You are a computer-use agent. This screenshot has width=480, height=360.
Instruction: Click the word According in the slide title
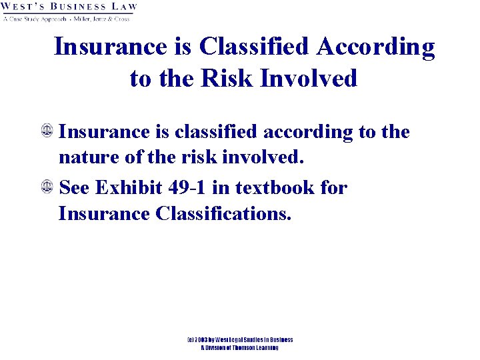tap(375, 47)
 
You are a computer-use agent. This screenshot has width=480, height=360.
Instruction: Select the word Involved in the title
tap(309, 79)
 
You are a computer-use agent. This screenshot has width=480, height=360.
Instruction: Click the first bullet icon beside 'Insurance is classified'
tap(47, 133)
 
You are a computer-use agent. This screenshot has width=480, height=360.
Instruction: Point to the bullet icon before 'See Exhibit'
tap(47, 188)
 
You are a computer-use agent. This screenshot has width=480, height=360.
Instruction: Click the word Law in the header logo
tap(123, 7)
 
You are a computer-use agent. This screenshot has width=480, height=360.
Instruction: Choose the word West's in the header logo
tap(22, 7)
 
